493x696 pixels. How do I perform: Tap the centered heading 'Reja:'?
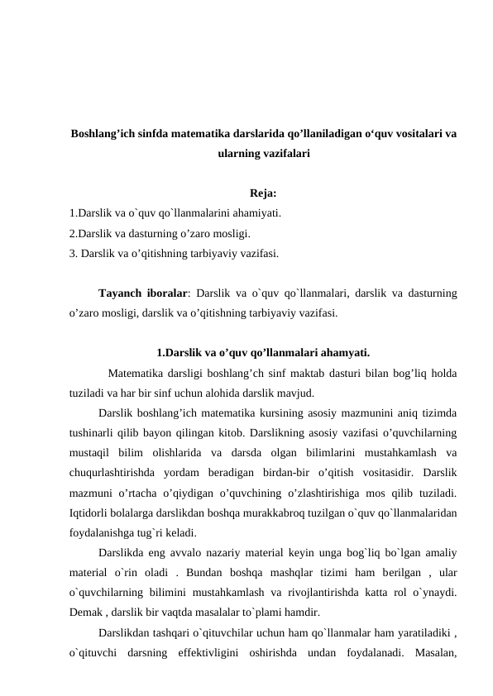[x=263, y=195]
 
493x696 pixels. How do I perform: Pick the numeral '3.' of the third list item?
[x=74, y=253]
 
